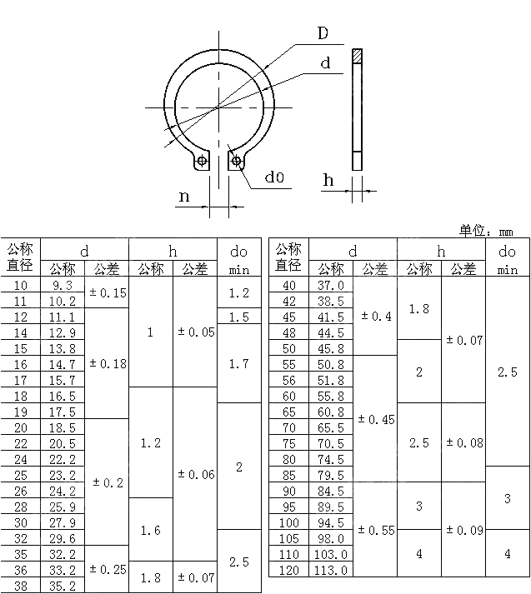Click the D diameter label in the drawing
click(323, 34)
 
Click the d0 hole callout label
click(274, 177)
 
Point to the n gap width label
click(185, 197)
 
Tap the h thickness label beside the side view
click(328, 180)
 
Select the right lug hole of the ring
click(237, 160)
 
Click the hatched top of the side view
click(357, 56)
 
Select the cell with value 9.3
click(63, 286)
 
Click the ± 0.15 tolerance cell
click(108, 293)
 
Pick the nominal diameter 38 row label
click(21, 586)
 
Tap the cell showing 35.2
click(63, 586)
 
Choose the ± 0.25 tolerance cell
click(108, 570)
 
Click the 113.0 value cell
click(330, 570)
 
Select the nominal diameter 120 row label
click(288, 570)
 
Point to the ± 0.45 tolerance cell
click(375, 420)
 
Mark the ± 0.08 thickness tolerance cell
click(463, 443)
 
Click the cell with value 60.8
click(330, 412)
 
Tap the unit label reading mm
click(507, 232)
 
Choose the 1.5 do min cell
click(238, 317)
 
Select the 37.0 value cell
click(330, 286)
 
